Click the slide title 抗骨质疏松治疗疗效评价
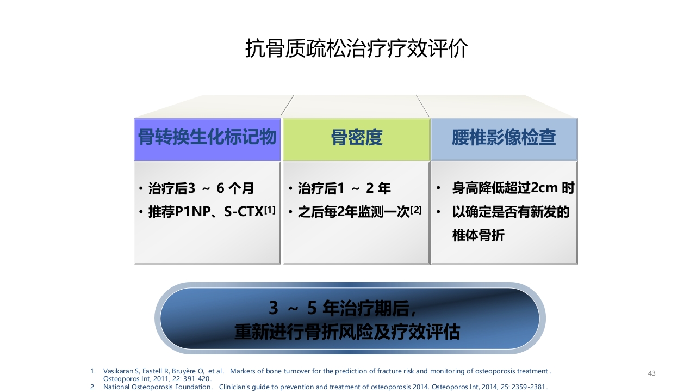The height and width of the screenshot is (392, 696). point(356,49)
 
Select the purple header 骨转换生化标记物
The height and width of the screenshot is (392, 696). point(207,138)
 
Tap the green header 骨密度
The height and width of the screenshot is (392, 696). point(357,138)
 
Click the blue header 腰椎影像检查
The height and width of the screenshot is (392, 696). point(504,138)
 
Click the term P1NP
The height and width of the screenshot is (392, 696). point(192,212)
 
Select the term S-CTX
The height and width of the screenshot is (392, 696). point(244,212)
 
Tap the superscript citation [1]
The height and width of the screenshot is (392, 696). point(270,209)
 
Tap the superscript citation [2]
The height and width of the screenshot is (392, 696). point(416,209)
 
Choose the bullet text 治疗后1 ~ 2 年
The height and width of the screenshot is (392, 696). point(345,189)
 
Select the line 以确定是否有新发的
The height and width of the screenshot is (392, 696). point(511,212)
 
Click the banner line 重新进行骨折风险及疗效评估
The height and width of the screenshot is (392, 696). point(347,332)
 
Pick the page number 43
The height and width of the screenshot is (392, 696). point(652,373)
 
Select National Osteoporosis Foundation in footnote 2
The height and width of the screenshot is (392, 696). point(158,387)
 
